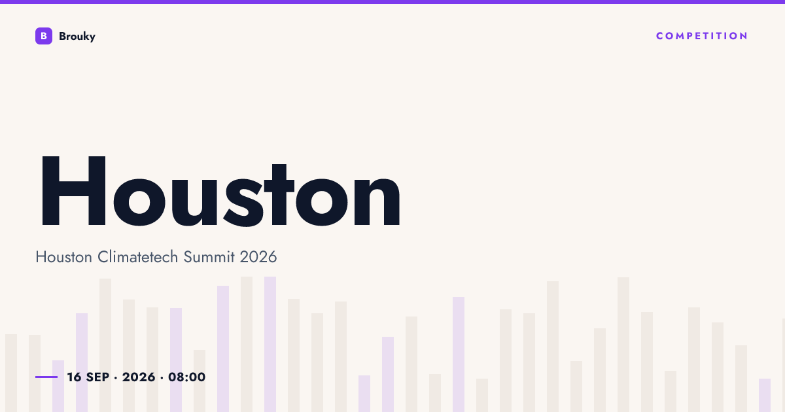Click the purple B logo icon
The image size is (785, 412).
click(x=44, y=36)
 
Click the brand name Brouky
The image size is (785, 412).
click(x=77, y=37)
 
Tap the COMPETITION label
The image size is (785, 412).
click(x=701, y=36)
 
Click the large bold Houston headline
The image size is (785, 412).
click(x=221, y=191)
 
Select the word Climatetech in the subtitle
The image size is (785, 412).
click(x=138, y=257)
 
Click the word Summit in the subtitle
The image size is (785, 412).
click(x=209, y=257)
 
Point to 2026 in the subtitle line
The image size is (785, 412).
click(x=258, y=257)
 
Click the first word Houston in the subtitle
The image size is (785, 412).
click(x=64, y=257)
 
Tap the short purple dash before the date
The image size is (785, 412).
click(x=46, y=377)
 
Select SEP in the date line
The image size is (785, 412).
click(x=97, y=377)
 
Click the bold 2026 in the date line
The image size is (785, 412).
click(x=139, y=377)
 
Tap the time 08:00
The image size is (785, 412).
click(x=187, y=377)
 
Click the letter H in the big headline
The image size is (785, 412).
click(x=73, y=191)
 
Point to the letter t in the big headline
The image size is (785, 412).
click(x=279, y=194)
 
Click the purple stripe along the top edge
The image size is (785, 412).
click(x=392, y=2)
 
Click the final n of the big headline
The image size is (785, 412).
click(x=377, y=201)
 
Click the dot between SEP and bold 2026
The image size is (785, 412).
click(x=116, y=378)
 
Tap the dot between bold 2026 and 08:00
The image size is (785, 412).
click(x=162, y=378)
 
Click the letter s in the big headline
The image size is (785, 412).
click(x=243, y=202)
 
